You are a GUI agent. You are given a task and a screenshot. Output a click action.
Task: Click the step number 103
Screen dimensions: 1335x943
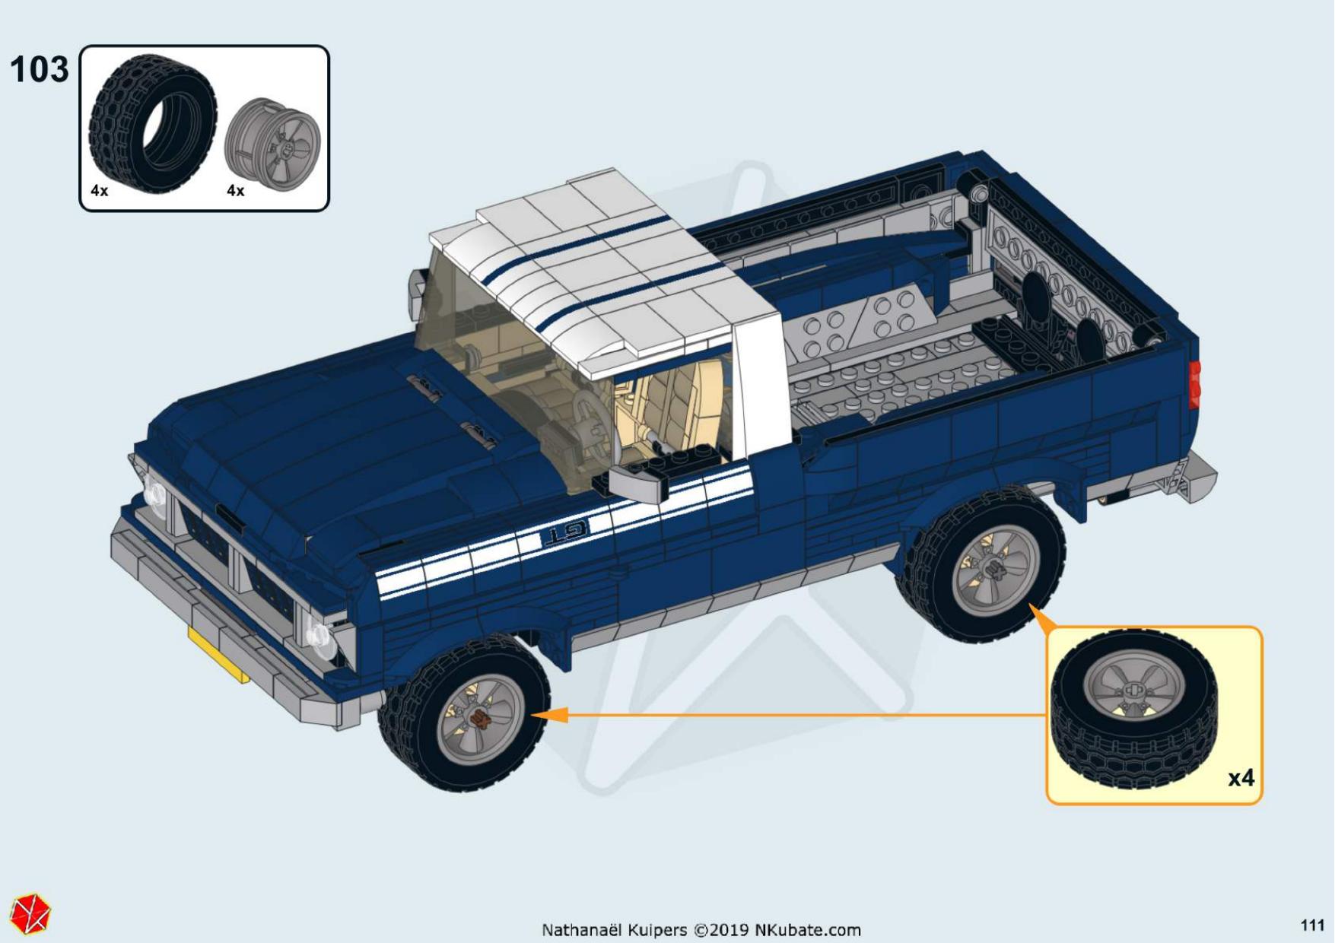[x=39, y=70]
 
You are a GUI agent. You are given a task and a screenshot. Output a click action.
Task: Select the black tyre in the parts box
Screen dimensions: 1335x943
[x=152, y=124]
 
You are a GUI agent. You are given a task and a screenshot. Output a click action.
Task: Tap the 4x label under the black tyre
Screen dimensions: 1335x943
[x=100, y=191]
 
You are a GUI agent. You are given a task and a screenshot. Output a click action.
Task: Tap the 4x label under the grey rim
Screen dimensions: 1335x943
[x=236, y=191]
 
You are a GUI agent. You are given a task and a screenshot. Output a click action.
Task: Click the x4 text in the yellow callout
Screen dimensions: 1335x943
[x=1241, y=778]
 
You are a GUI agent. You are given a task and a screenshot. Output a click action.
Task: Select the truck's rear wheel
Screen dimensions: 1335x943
[x=981, y=564]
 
